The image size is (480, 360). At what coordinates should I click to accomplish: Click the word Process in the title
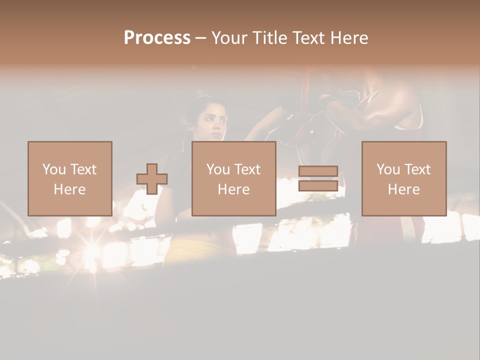[157, 38]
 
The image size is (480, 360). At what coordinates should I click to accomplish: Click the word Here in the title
[348, 38]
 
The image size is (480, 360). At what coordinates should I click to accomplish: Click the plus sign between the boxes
[152, 179]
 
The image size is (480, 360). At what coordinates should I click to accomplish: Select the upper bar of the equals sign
[318, 171]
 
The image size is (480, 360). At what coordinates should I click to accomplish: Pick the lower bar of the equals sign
[318, 186]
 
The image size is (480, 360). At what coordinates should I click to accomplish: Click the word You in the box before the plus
[53, 169]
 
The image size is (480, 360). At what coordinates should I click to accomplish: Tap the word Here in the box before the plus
[69, 189]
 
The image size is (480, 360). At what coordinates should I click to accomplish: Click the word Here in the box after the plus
[234, 189]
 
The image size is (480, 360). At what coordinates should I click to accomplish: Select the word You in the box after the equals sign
[388, 169]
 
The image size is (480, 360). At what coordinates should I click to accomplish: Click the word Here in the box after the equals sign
[404, 189]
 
